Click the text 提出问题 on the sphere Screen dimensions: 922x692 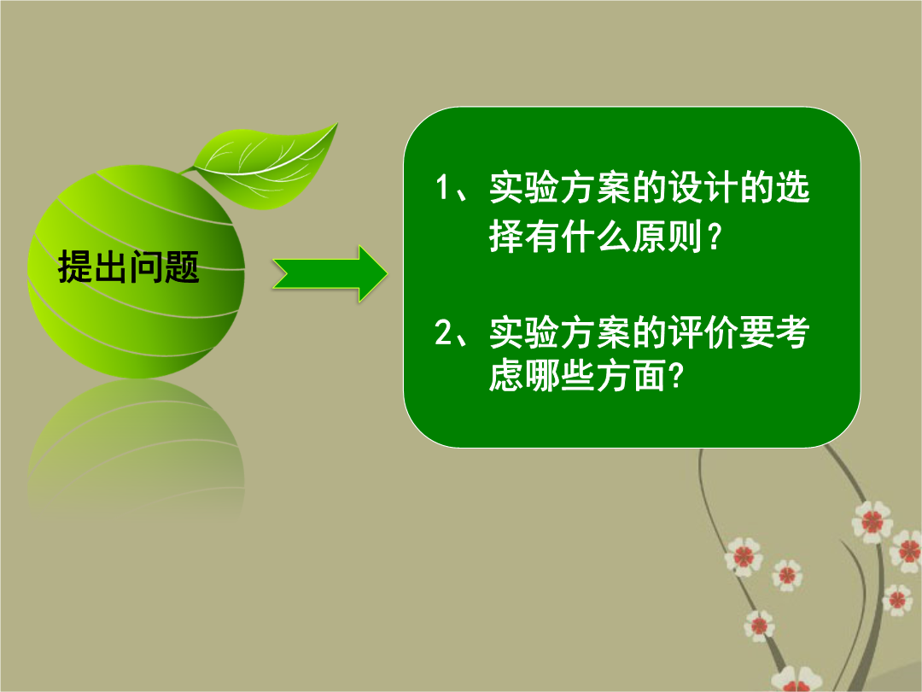[128, 267]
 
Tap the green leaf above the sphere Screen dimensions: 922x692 [265, 167]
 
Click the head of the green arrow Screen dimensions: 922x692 [373, 274]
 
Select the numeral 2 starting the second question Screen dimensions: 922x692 [443, 332]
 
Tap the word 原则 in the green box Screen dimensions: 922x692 [667, 237]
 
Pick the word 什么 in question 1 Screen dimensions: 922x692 [596, 237]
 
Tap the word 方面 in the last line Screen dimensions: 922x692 [631, 375]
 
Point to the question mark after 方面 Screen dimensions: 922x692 [677, 375]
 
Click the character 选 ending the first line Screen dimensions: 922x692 [792, 188]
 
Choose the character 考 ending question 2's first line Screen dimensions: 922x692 [792, 332]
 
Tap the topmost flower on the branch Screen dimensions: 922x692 [872, 521]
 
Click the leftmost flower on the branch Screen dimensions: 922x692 [744, 556]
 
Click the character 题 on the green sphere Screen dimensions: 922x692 [183, 267]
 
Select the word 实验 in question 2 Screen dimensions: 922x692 [524, 332]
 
